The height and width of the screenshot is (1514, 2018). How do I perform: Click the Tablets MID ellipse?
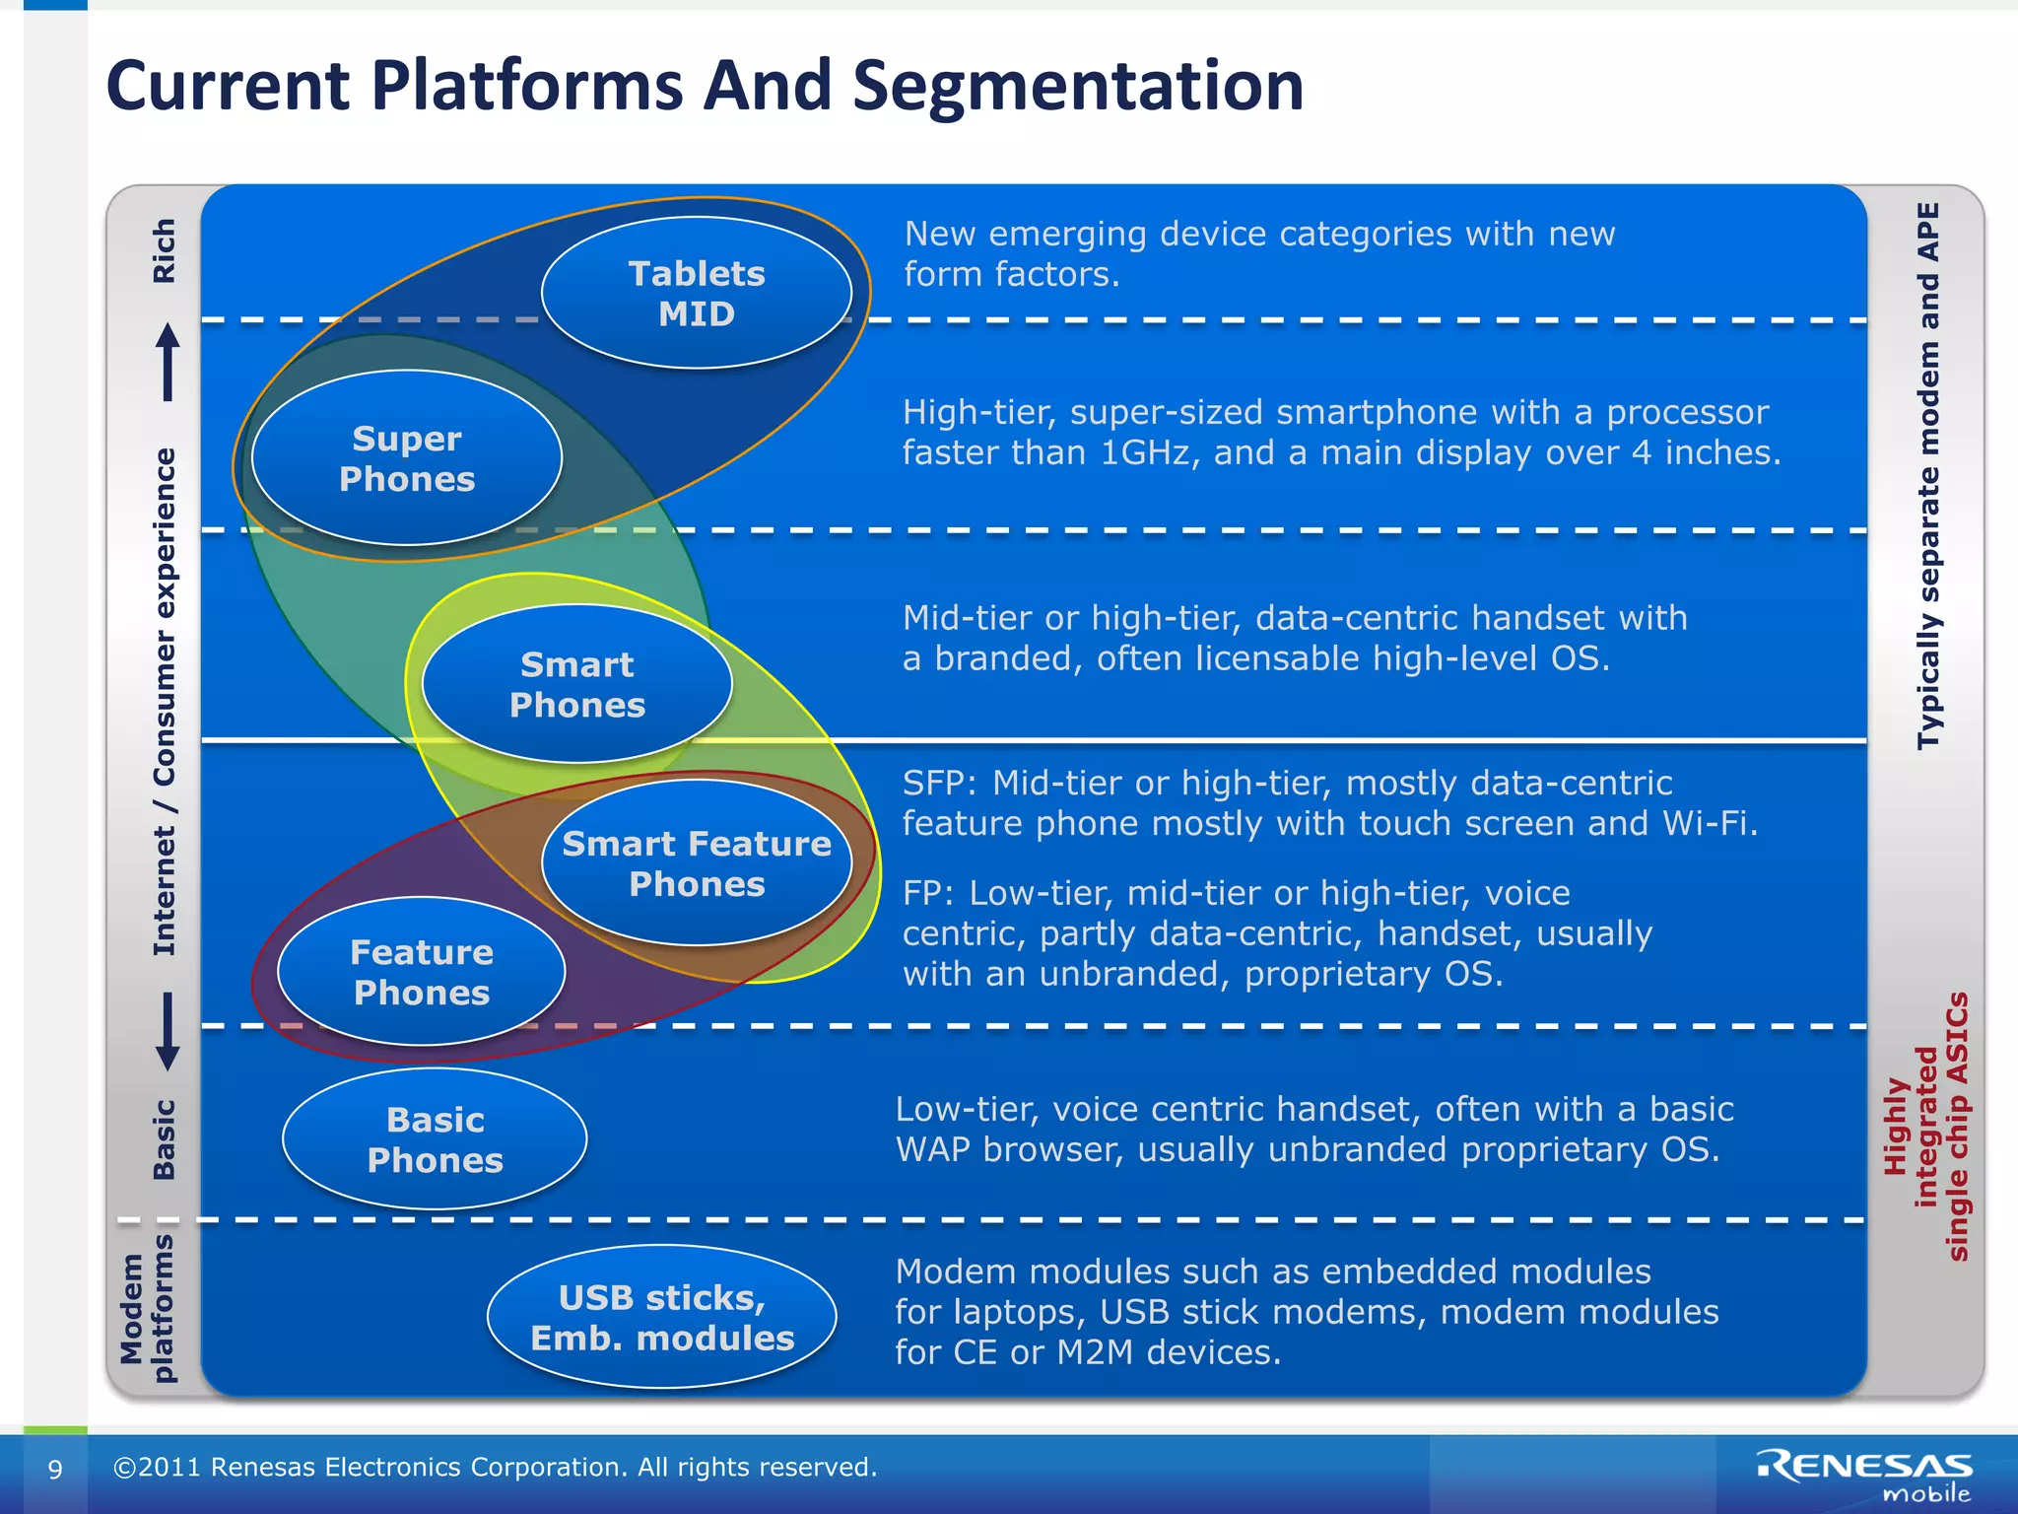coord(696,293)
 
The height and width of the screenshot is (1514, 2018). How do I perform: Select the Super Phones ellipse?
coord(406,458)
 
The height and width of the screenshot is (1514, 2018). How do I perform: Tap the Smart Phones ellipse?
coord(576,684)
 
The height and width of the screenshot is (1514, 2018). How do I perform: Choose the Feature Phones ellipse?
coord(421,972)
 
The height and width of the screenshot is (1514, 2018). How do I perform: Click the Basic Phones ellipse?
coord(435,1139)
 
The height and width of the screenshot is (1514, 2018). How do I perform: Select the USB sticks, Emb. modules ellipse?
coord(661,1317)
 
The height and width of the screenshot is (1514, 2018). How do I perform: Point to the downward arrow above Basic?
coord(168,1031)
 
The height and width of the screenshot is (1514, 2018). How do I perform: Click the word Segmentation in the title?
coord(1078,86)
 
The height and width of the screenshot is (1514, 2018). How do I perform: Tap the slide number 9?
coord(55,1469)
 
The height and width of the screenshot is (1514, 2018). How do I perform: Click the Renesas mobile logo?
coord(1864,1475)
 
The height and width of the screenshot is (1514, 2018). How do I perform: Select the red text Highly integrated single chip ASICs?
coord(1926,1128)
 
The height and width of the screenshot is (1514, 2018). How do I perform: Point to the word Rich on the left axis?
coord(164,251)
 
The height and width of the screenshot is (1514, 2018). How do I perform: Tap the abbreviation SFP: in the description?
coord(939,783)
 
